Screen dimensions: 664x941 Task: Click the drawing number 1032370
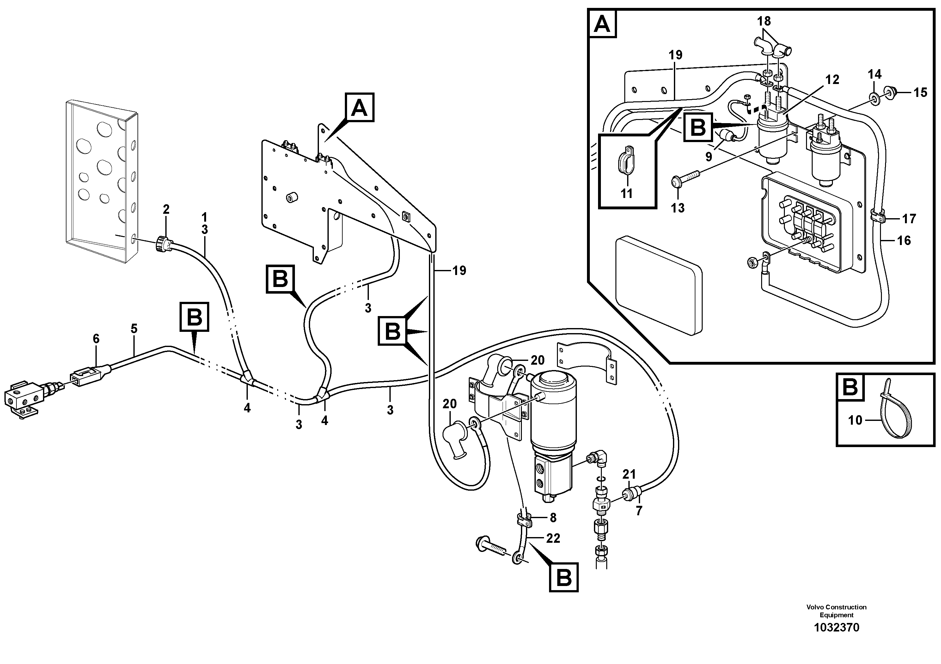click(x=836, y=639)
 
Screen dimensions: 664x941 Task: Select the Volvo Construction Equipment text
click(x=836, y=622)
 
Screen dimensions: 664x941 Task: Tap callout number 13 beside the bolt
click(x=677, y=208)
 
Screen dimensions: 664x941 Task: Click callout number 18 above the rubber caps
click(x=764, y=21)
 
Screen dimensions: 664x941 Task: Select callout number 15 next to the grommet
click(x=920, y=93)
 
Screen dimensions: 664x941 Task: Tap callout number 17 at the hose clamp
click(x=909, y=219)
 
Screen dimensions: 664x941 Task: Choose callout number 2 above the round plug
click(x=166, y=210)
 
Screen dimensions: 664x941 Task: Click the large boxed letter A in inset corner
click(x=602, y=24)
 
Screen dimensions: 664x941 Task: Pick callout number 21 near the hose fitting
click(x=629, y=475)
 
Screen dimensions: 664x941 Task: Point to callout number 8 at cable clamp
click(x=553, y=518)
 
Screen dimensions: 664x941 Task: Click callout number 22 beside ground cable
click(x=553, y=538)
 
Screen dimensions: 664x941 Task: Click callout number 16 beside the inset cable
click(x=904, y=240)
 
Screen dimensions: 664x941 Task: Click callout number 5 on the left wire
click(x=134, y=329)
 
